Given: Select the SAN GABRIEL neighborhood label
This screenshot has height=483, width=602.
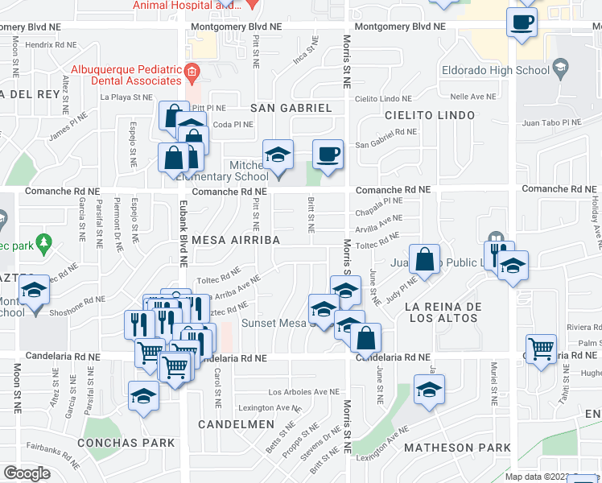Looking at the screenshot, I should pos(291,108).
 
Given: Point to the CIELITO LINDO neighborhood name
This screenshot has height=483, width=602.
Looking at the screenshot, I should pos(429,115).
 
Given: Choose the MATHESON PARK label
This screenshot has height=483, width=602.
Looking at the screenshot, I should pos(457,448).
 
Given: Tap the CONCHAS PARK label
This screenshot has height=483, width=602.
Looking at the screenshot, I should pos(126,443).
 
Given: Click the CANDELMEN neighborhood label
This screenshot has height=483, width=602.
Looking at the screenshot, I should pos(233,423).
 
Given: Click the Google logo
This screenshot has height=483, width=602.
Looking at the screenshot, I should pos(27,473).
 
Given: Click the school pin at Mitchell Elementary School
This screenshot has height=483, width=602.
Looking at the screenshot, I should pos(278,155).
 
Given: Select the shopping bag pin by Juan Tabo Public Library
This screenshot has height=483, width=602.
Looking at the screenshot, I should pos(426,259).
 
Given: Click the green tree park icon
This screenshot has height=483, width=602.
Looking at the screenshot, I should pos(44,242).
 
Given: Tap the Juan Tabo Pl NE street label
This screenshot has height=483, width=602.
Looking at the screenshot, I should pos(551,122).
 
